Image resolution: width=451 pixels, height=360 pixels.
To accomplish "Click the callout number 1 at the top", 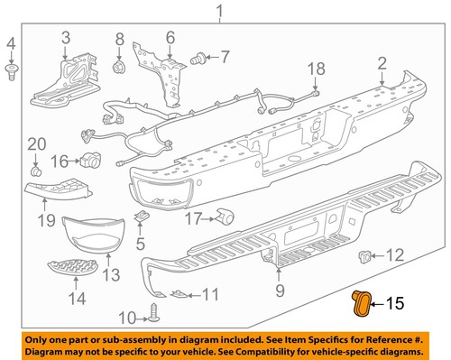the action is (x=217, y=12).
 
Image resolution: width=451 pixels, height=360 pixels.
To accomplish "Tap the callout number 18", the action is (x=315, y=70).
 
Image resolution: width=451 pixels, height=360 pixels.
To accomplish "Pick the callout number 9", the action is (x=280, y=291).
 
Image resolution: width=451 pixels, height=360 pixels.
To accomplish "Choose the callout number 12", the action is (x=394, y=255).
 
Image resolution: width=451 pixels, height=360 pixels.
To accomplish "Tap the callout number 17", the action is (x=192, y=218).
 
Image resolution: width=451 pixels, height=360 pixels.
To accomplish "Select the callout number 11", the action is (x=209, y=294).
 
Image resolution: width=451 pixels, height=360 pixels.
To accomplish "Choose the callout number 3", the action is (x=66, y=37).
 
